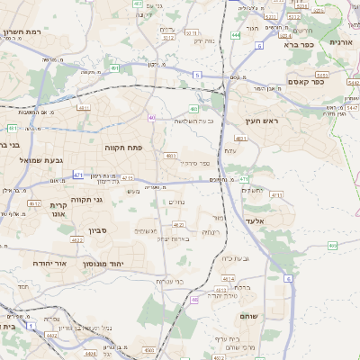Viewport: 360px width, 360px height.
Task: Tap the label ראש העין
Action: [x=261, y=121]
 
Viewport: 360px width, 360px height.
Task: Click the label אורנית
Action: [x=342, y=42]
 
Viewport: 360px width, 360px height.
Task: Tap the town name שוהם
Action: [x=249, y=317]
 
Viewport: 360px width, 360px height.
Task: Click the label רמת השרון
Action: [x=23, y=32]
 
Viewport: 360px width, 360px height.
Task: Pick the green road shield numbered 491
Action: [x=114, y=67]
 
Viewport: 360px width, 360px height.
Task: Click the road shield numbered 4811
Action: [x=84, y=107]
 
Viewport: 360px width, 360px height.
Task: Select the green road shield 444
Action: [x=235, y=34]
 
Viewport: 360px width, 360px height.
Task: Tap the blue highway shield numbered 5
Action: [x=196, y=75]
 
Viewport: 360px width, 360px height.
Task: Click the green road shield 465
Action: [x=334, y=245]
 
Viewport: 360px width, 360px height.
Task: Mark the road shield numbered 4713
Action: [x=276, y=193]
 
